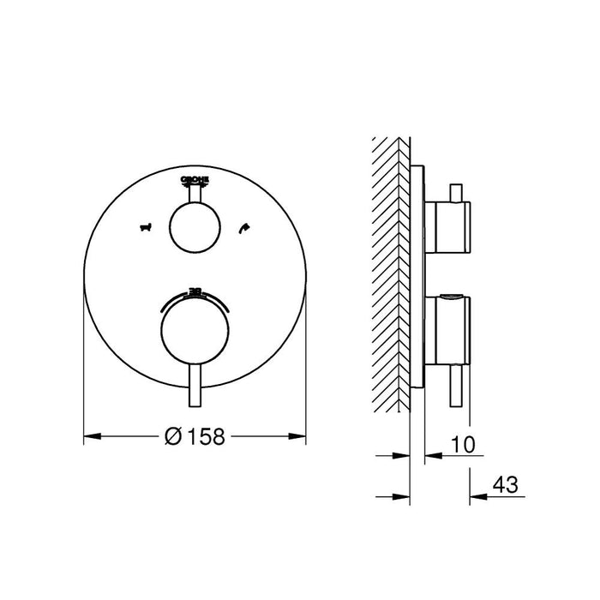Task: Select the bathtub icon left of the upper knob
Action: (x=144, y=228)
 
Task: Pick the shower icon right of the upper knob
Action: (x=245, y=228)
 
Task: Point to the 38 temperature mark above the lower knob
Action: (x=195, y=292)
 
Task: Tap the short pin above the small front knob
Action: (x=195, y=195)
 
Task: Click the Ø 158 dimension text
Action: (x=195, y=437)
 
